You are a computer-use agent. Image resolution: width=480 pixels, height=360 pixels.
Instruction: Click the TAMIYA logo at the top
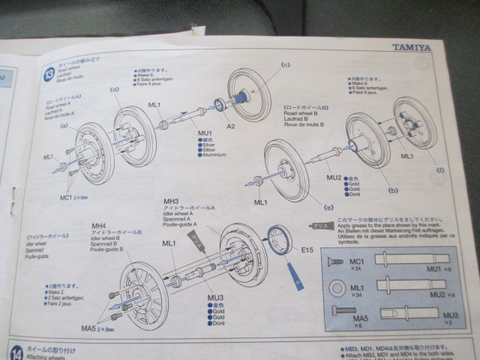411,47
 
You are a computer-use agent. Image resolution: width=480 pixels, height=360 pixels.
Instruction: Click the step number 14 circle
16,352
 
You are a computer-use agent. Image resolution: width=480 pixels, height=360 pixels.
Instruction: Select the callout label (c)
285,65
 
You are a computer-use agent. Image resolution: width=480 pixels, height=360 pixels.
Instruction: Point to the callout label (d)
115,91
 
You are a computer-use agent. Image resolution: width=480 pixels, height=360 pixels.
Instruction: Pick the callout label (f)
439,171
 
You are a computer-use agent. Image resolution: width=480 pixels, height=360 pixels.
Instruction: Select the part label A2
232,126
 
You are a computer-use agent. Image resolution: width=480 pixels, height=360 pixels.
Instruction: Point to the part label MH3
171,202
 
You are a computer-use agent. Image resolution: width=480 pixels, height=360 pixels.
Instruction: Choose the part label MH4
98,226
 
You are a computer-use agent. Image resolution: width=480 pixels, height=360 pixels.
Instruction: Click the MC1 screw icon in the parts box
332,261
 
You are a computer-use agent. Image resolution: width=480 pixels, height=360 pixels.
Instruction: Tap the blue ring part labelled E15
279,241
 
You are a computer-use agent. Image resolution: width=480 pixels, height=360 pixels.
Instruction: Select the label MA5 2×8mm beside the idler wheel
100,328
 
